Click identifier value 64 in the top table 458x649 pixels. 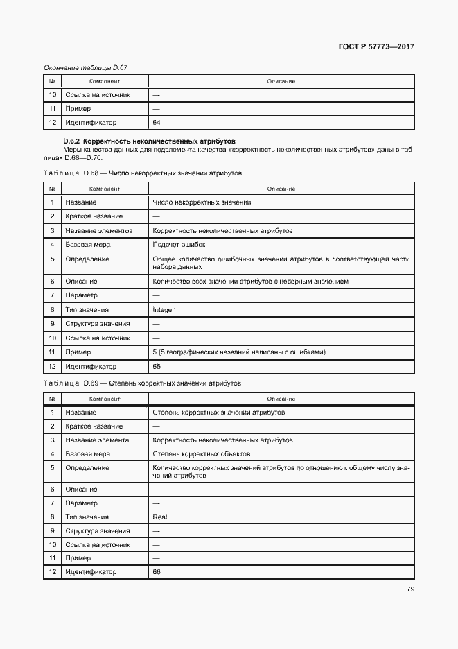pyautogui.click(x=157, y=123)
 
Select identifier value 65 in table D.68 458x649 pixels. pyautogui.click(x=157, y=366)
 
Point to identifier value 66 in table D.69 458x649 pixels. pyautogui.click(x=157, y=572)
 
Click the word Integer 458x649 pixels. pyautogui.click(x=164, y=310)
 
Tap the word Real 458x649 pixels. pyautogui.click(x=159, y=517)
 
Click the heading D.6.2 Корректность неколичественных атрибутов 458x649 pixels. pyautogui.click(x=149, y=141)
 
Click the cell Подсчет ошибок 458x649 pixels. pyautogui.click(x=179, y=245)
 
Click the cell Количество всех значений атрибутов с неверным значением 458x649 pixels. pyautogui.click(x=250, y=282)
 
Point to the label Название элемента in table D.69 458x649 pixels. pyautogui.click(x=97, y=440)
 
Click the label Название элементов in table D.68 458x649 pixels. pyautogui.click(x=98, y=230)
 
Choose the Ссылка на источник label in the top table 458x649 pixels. pyautogui.click(x=98, y=95)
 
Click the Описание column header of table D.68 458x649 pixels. pyautogui.click(x=281, y=189)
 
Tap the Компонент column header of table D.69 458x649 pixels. pyautogui.click(x=105, y=399)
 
